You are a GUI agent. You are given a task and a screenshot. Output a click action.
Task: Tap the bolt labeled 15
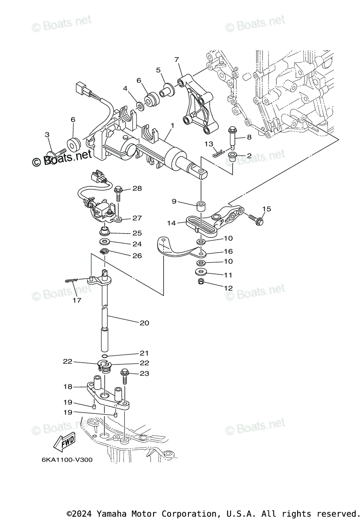coord(255,218)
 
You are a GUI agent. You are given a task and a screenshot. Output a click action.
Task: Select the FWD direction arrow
coord(63,442)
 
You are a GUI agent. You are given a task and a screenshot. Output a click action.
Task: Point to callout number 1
coord(172,125)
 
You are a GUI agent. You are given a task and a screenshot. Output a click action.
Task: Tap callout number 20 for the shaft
coord(144,322)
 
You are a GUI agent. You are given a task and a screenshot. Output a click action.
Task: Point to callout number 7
coord(176,59)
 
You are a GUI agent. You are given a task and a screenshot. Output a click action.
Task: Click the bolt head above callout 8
coord(231,129)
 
